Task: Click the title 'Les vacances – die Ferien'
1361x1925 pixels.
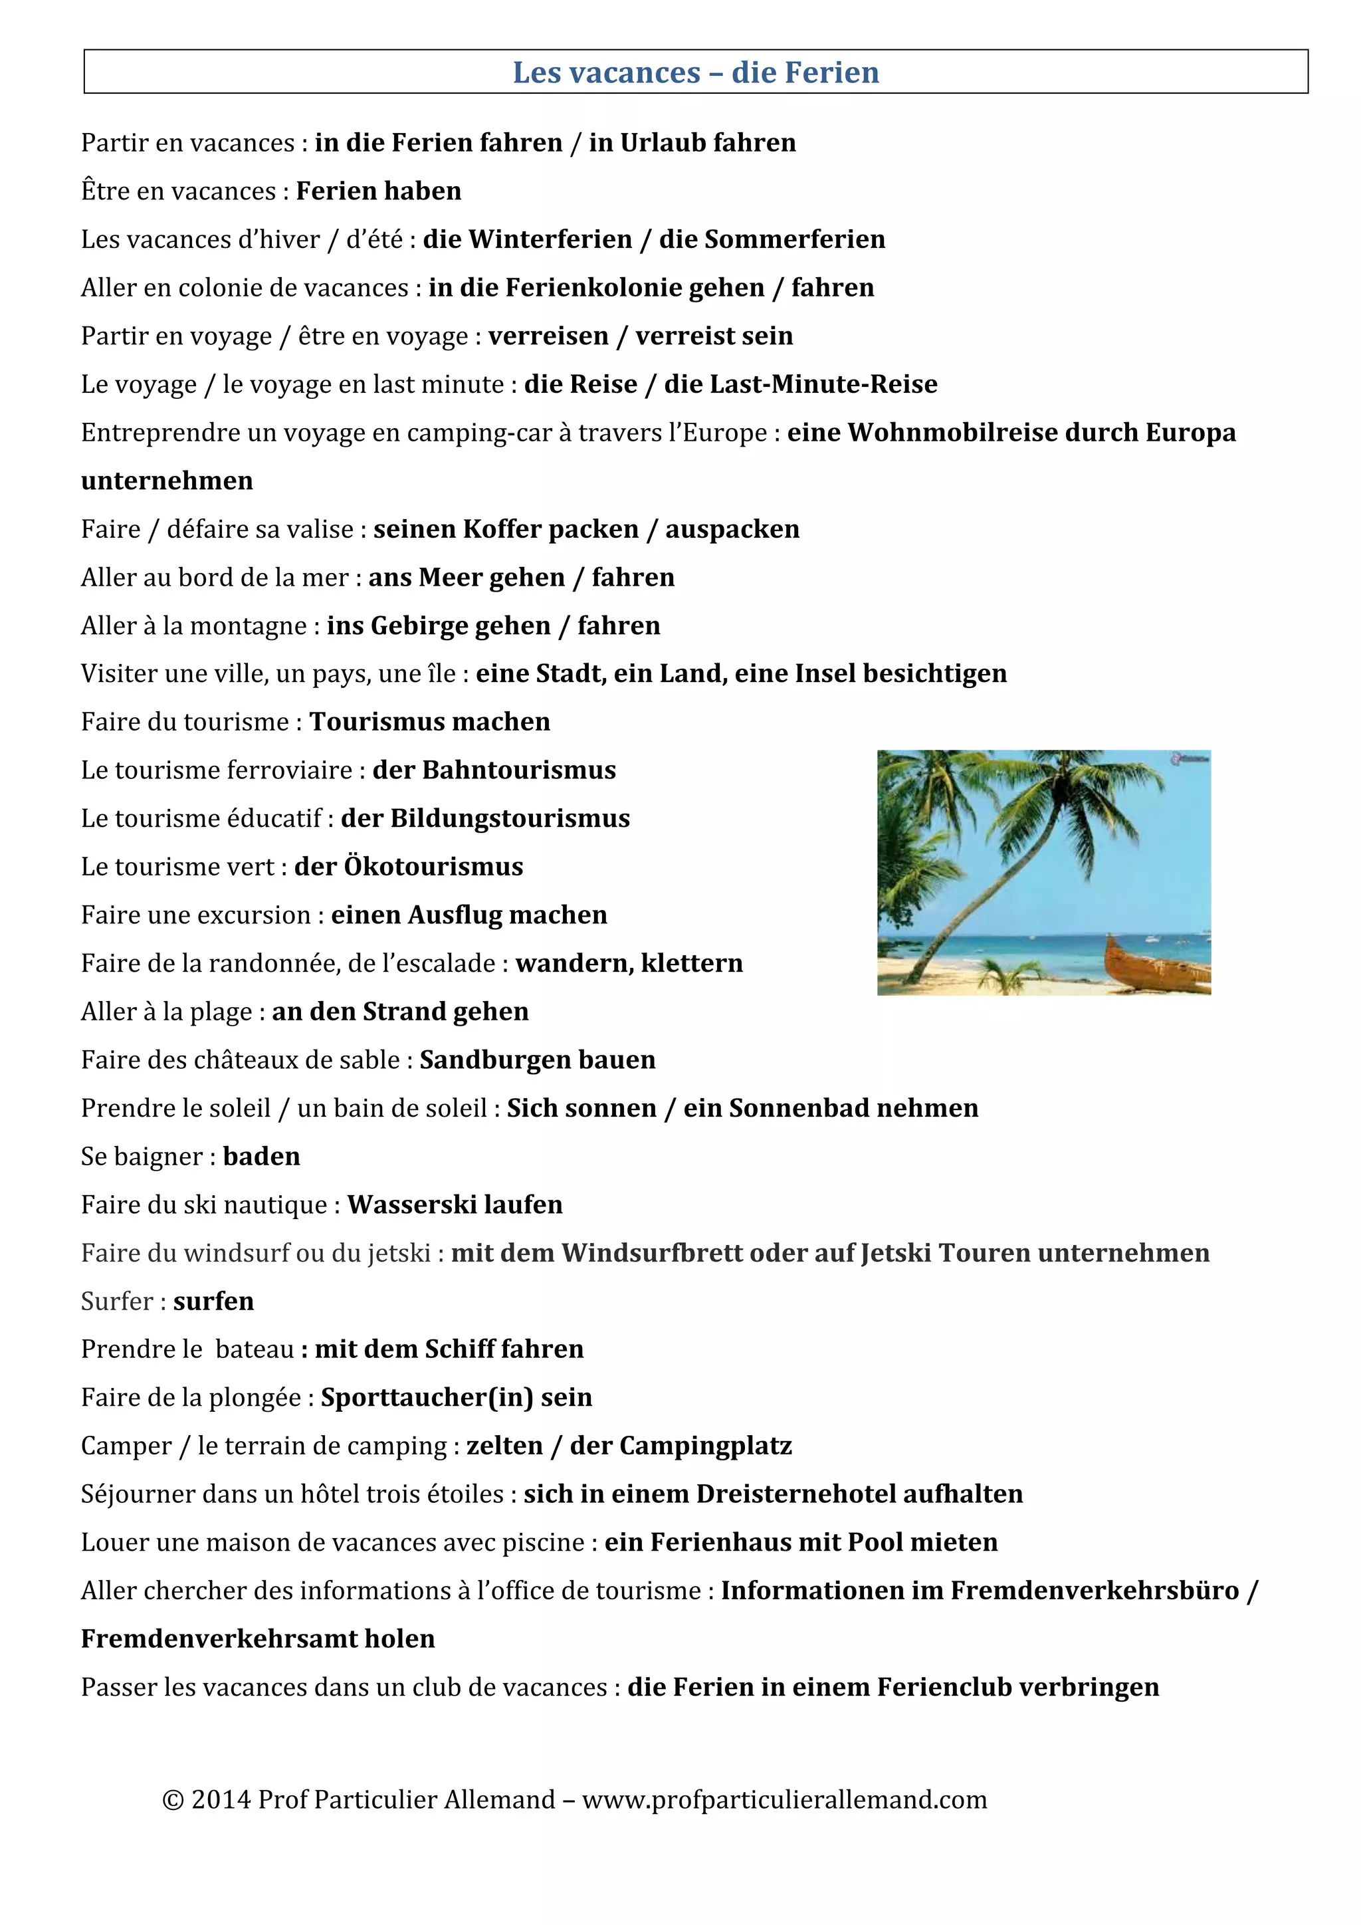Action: click(696, 73)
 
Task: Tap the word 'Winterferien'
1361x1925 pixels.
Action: click(550, 240)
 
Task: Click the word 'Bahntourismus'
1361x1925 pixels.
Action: click(519, 770)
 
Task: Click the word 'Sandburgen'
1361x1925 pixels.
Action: click(492, 1061)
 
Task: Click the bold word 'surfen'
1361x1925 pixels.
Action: click(214, 1302)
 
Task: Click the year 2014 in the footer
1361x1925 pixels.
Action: click(221, 1800)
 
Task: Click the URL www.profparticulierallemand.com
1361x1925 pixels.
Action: click(784, 1800)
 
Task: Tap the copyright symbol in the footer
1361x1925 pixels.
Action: click(173, 1800)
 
